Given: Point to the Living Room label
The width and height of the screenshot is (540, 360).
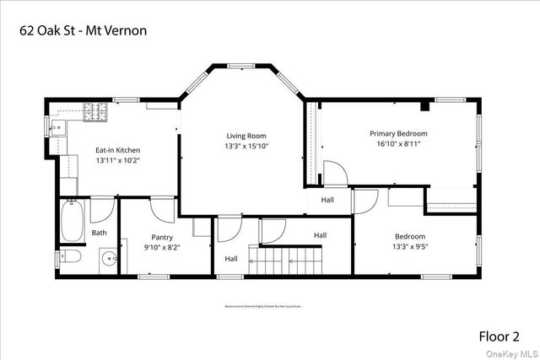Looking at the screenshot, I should [246, 136].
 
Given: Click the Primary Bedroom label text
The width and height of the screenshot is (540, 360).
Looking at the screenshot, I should [398, 133].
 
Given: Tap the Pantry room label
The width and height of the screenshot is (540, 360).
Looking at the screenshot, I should [162, 237].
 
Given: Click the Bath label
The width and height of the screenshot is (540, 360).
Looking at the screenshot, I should [100, 233].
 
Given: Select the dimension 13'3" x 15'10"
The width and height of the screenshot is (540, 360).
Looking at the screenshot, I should [246, 146].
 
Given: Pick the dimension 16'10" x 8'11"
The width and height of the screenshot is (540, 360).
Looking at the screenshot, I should [398, 144].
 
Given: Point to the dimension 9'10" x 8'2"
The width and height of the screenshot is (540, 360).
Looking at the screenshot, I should [162, 247].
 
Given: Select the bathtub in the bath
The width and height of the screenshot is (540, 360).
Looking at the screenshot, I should [71, 219].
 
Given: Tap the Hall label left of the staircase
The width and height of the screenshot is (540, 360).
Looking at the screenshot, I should [231, 259].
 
